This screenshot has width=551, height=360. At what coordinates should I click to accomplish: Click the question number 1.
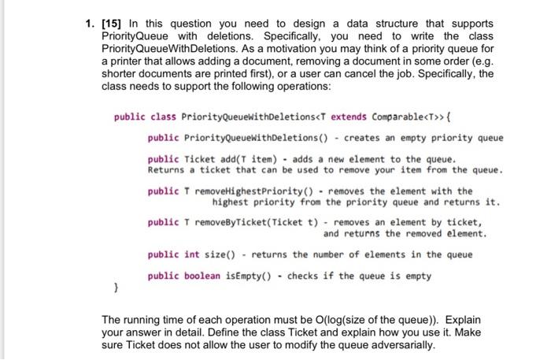coord(90,24)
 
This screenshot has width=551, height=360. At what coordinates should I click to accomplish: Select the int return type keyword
coord(192,254)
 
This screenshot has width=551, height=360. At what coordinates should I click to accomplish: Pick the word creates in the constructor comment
coord(363,138)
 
